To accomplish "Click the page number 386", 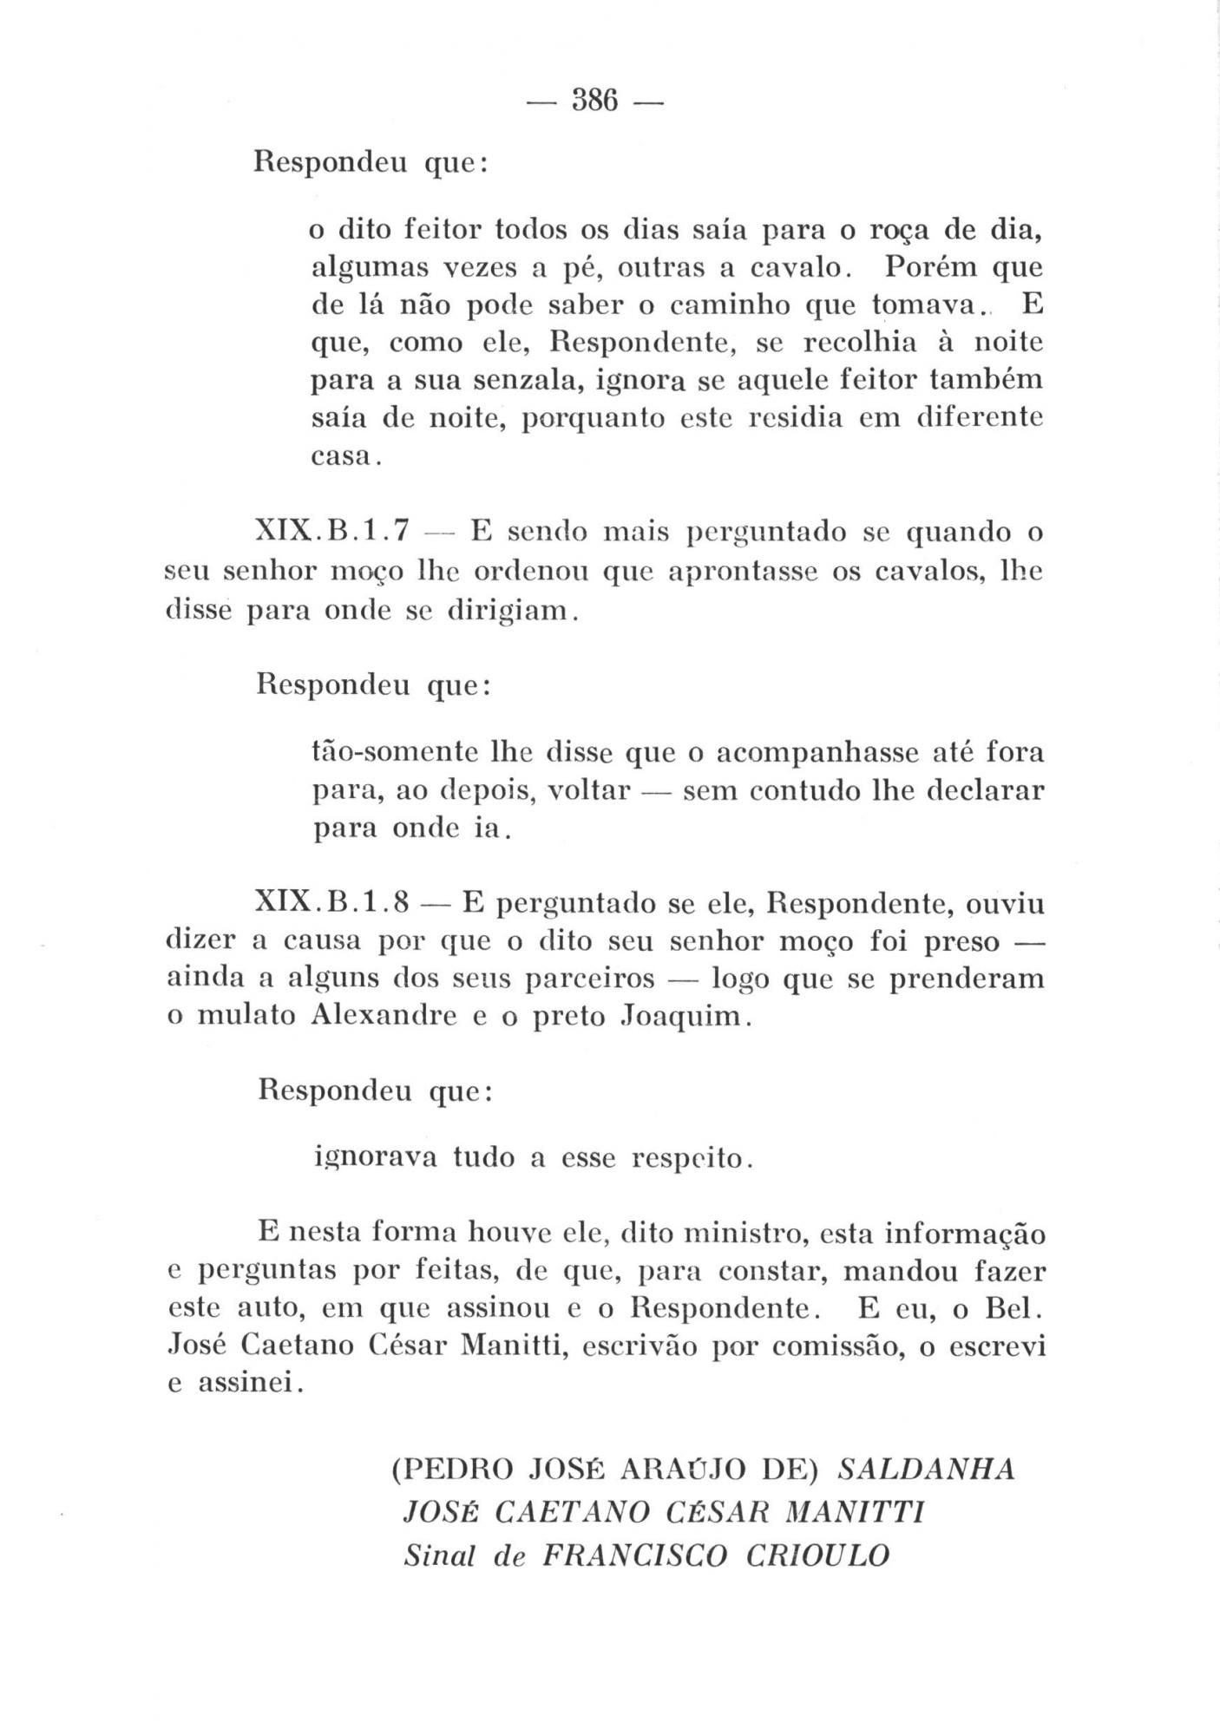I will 594,101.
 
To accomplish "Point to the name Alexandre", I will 383,1015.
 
